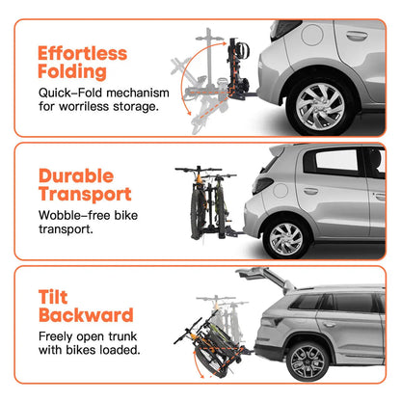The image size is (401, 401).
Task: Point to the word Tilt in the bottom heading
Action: [54, 298]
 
